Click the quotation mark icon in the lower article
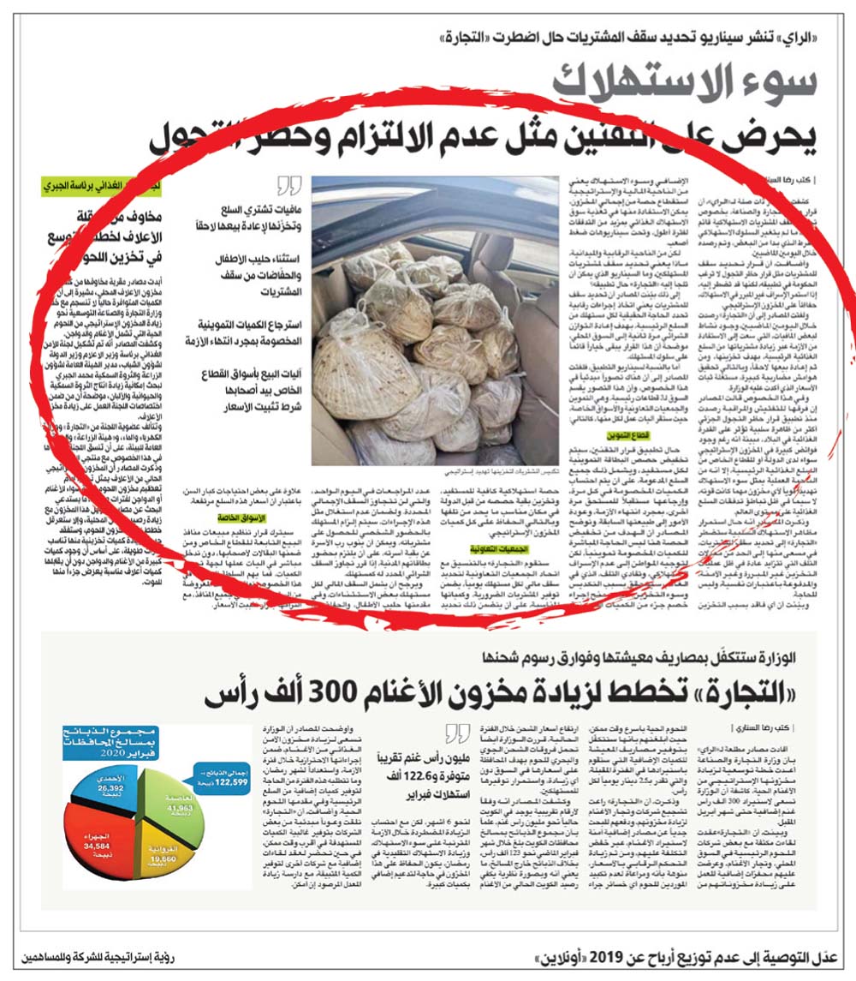coord(458,733)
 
